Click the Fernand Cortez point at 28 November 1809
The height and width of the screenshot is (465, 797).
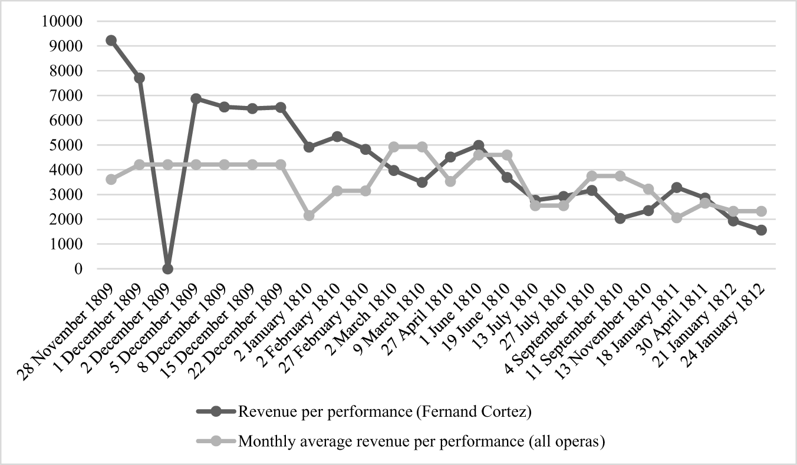tap(111, 41)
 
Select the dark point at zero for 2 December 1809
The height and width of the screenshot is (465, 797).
tap(167, 268)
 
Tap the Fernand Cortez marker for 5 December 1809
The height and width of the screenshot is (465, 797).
tap(196, 98)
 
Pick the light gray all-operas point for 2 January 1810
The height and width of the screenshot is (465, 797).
tap(309, 215)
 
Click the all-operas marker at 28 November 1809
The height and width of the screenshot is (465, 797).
tap(111, 179)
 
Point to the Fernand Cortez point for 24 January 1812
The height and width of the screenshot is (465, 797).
tap(762, 230)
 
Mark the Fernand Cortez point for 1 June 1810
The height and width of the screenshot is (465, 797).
tap(479, 145)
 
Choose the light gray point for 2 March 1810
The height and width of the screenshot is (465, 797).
tap(394, 147)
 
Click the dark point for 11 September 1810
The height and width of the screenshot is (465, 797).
tap(620, 218)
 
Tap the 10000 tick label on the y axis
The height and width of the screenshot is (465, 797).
tap(61, 21)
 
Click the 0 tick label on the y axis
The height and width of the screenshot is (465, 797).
tap(78, 268)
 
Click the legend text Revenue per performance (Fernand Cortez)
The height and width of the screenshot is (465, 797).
tap(385, 412)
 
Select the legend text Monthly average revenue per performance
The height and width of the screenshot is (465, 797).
tap(421, 441)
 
